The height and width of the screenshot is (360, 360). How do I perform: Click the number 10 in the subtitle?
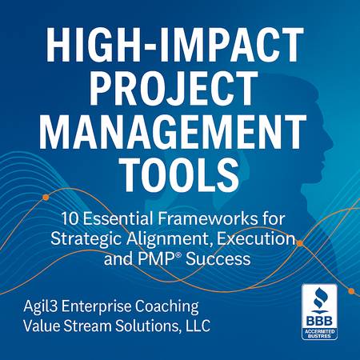point(70,218)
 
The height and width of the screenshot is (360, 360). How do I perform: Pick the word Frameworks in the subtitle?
point(207,218)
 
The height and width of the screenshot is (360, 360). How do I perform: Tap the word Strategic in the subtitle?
point(86,239)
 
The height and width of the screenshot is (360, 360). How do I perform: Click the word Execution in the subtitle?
point(256,238)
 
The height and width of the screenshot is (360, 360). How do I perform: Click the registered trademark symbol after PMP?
point(179,254)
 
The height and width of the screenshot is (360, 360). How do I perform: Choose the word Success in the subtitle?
point(218,258)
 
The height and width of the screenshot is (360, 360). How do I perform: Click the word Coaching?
point(166,306)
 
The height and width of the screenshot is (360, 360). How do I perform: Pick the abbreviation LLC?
point(198,326)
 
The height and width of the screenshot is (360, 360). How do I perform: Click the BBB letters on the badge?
point(319,320)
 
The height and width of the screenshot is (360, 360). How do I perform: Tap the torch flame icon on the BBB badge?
point(319,298)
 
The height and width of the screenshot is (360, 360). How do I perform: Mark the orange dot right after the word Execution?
point(299,243)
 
